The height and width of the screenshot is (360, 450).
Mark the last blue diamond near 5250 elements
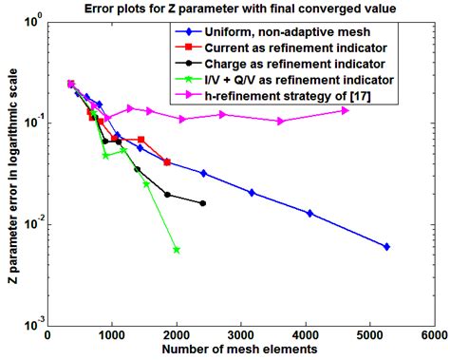[386, 247]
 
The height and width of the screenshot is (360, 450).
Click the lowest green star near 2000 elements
[177, 250]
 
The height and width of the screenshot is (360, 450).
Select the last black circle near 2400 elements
[203, 203]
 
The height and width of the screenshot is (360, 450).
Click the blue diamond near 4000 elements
[309, 214]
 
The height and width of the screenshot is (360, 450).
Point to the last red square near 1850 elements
[167, 162]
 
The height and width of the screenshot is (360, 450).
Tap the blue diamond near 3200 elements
[253, 193]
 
